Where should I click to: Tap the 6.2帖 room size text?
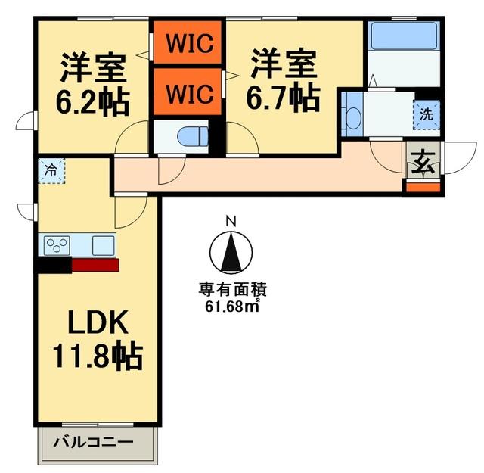(x=92, y=100)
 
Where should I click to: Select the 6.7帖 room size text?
(x=284, y=98)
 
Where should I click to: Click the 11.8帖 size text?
(x=98, y=355)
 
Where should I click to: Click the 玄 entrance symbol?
(x=421, y=162)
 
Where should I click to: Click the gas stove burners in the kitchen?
(x=57, y=245)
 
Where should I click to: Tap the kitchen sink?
(x=103, y=244)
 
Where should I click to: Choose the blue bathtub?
(x=404, y=36)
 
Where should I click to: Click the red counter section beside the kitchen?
(x=95, y=264)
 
